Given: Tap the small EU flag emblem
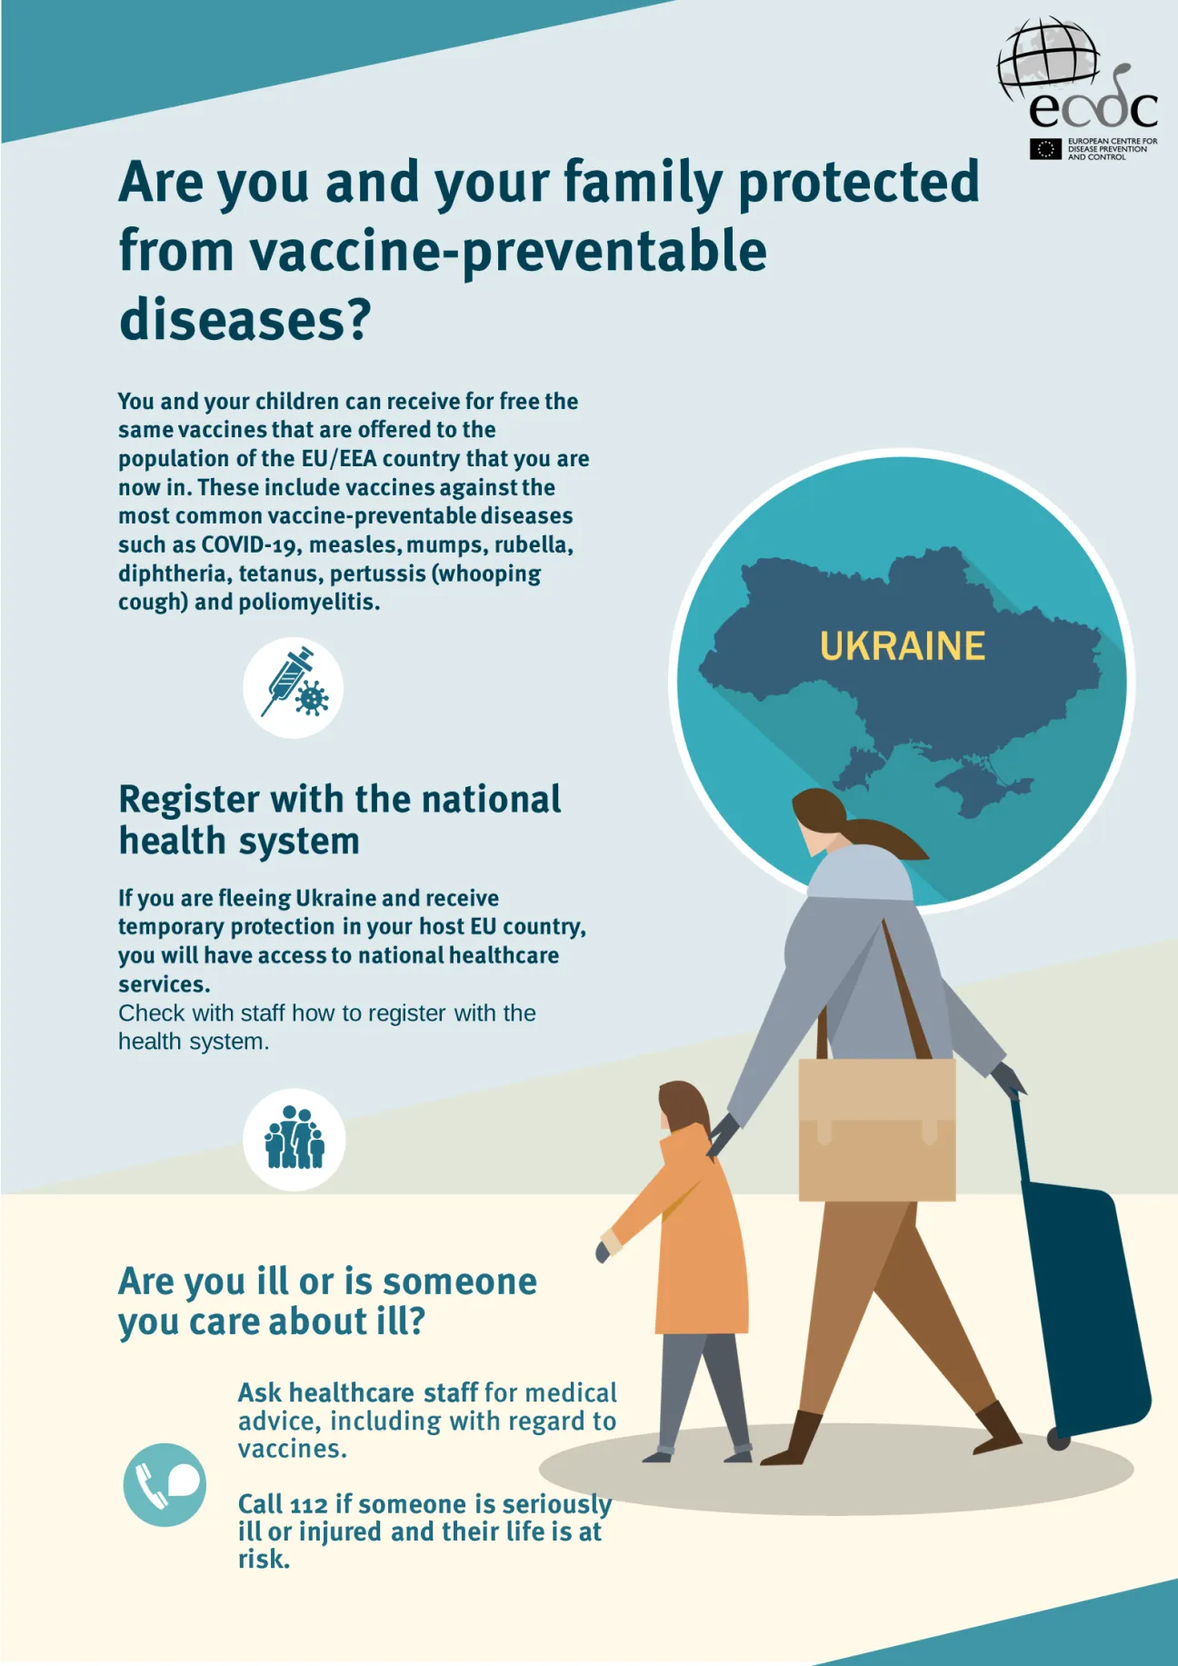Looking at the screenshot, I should point(1045,149).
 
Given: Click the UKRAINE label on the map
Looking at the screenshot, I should point(902,646).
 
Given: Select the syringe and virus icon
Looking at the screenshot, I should point(293,687).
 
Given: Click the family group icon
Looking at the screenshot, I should point(294,1139).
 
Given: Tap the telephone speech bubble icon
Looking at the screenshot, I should point(165,1484).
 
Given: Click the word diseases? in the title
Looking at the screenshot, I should point(245,319).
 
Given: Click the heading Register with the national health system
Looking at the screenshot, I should point(339,819).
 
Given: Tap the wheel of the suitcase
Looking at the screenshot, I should point(1057,1439).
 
